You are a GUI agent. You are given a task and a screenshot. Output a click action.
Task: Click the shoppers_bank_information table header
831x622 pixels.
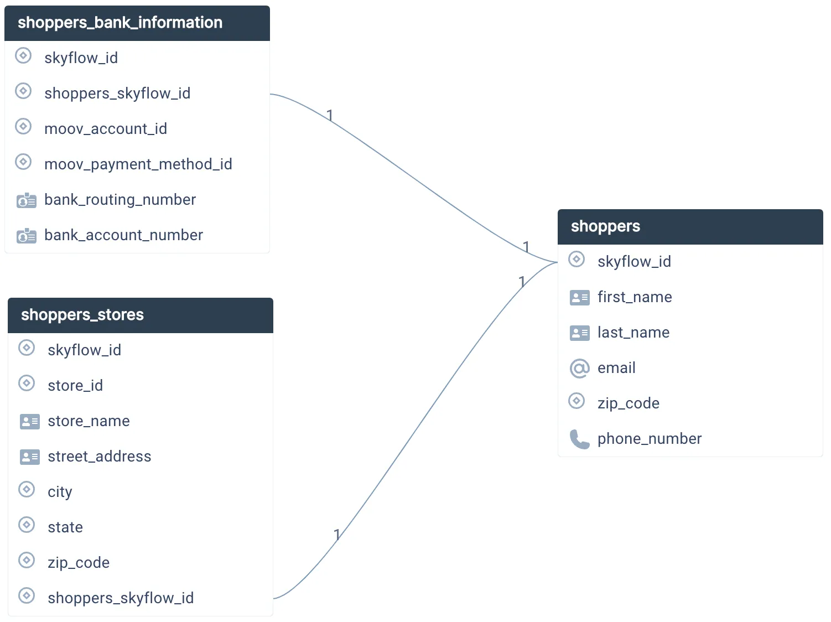pos(120,23)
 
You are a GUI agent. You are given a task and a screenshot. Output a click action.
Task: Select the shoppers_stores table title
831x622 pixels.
pos(82,315)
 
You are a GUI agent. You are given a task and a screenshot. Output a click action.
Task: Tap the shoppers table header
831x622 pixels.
pos(605,226)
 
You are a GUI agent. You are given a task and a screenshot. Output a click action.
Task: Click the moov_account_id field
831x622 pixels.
pos(105,129)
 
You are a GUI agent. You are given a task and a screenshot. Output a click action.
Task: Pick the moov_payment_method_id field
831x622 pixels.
pos(138,164)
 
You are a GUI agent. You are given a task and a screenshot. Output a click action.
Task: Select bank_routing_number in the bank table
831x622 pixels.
pos(120,200)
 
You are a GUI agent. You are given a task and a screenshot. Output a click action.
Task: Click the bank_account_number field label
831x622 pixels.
pos(123,235)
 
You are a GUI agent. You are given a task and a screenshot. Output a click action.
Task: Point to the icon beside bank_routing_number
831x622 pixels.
pos(26,200)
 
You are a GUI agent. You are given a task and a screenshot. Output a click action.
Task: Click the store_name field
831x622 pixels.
pos(89,421)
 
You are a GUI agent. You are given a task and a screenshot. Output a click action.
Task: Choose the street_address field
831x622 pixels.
pos(99,457)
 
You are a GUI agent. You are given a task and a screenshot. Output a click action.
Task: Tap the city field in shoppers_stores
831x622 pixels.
pos(60,492)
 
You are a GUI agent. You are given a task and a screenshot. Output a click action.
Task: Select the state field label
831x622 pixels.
pos(65,527)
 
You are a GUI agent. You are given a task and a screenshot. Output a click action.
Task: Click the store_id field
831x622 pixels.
pos(75,386)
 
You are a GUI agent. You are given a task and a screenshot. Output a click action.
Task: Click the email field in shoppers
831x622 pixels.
pos(616,368)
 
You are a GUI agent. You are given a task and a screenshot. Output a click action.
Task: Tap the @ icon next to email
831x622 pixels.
pos(579,368)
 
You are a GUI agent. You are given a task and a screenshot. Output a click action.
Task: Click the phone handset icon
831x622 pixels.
pos(579,439)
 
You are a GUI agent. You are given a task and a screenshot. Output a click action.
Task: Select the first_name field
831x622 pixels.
pos(635,297)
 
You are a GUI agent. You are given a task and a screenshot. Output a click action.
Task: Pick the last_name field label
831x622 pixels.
pos(633,333)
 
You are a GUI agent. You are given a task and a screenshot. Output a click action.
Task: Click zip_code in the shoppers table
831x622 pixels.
pos(628,403)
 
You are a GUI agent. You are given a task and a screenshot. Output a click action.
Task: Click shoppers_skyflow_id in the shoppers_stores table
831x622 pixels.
pos(121,598)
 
